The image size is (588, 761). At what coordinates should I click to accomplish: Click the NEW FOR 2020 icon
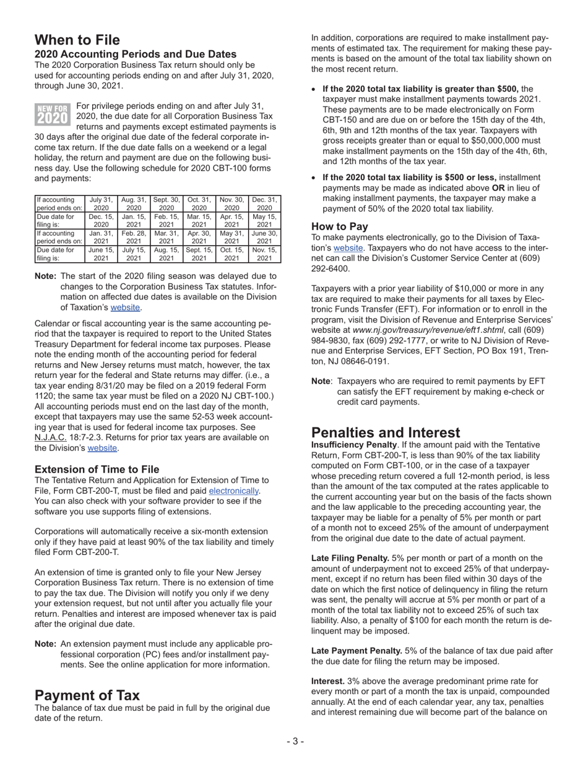pyautogui.click(x=53, y=114)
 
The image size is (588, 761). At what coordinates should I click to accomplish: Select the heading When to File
pyautogui.click(x=77, y=40)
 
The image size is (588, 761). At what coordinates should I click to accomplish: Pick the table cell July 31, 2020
pyautogui.click(x=101, y=204)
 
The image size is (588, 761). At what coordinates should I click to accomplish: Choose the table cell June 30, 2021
pyautogui.click(x=264, y=238)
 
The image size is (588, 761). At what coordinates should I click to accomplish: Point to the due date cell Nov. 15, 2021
pyautogui.click(x=264, y=254)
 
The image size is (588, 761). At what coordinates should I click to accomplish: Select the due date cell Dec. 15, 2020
pyautogui.click(x=101, y=221)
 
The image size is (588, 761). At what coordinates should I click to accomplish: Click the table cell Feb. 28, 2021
pyautogui.click(x=134, y=238)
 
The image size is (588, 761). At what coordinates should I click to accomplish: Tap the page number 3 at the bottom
pyautogui.click(x=295, y=741)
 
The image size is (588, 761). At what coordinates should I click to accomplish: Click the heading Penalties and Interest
pyautogui.click(x=386, y=432)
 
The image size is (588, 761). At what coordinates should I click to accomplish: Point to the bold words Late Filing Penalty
pyautogui.click(x=350, y=558)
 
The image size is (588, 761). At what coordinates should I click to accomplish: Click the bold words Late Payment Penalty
pyautogui.click(x=357, y=651)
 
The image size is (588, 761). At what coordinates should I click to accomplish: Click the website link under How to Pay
pyautogui.click(x=348, y=248)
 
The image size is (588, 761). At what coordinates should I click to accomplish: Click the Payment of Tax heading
pyautogui.click(x=87, y=694)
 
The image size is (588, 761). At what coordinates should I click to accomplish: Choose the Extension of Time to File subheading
pyautogui.click(x=97, y=469)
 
